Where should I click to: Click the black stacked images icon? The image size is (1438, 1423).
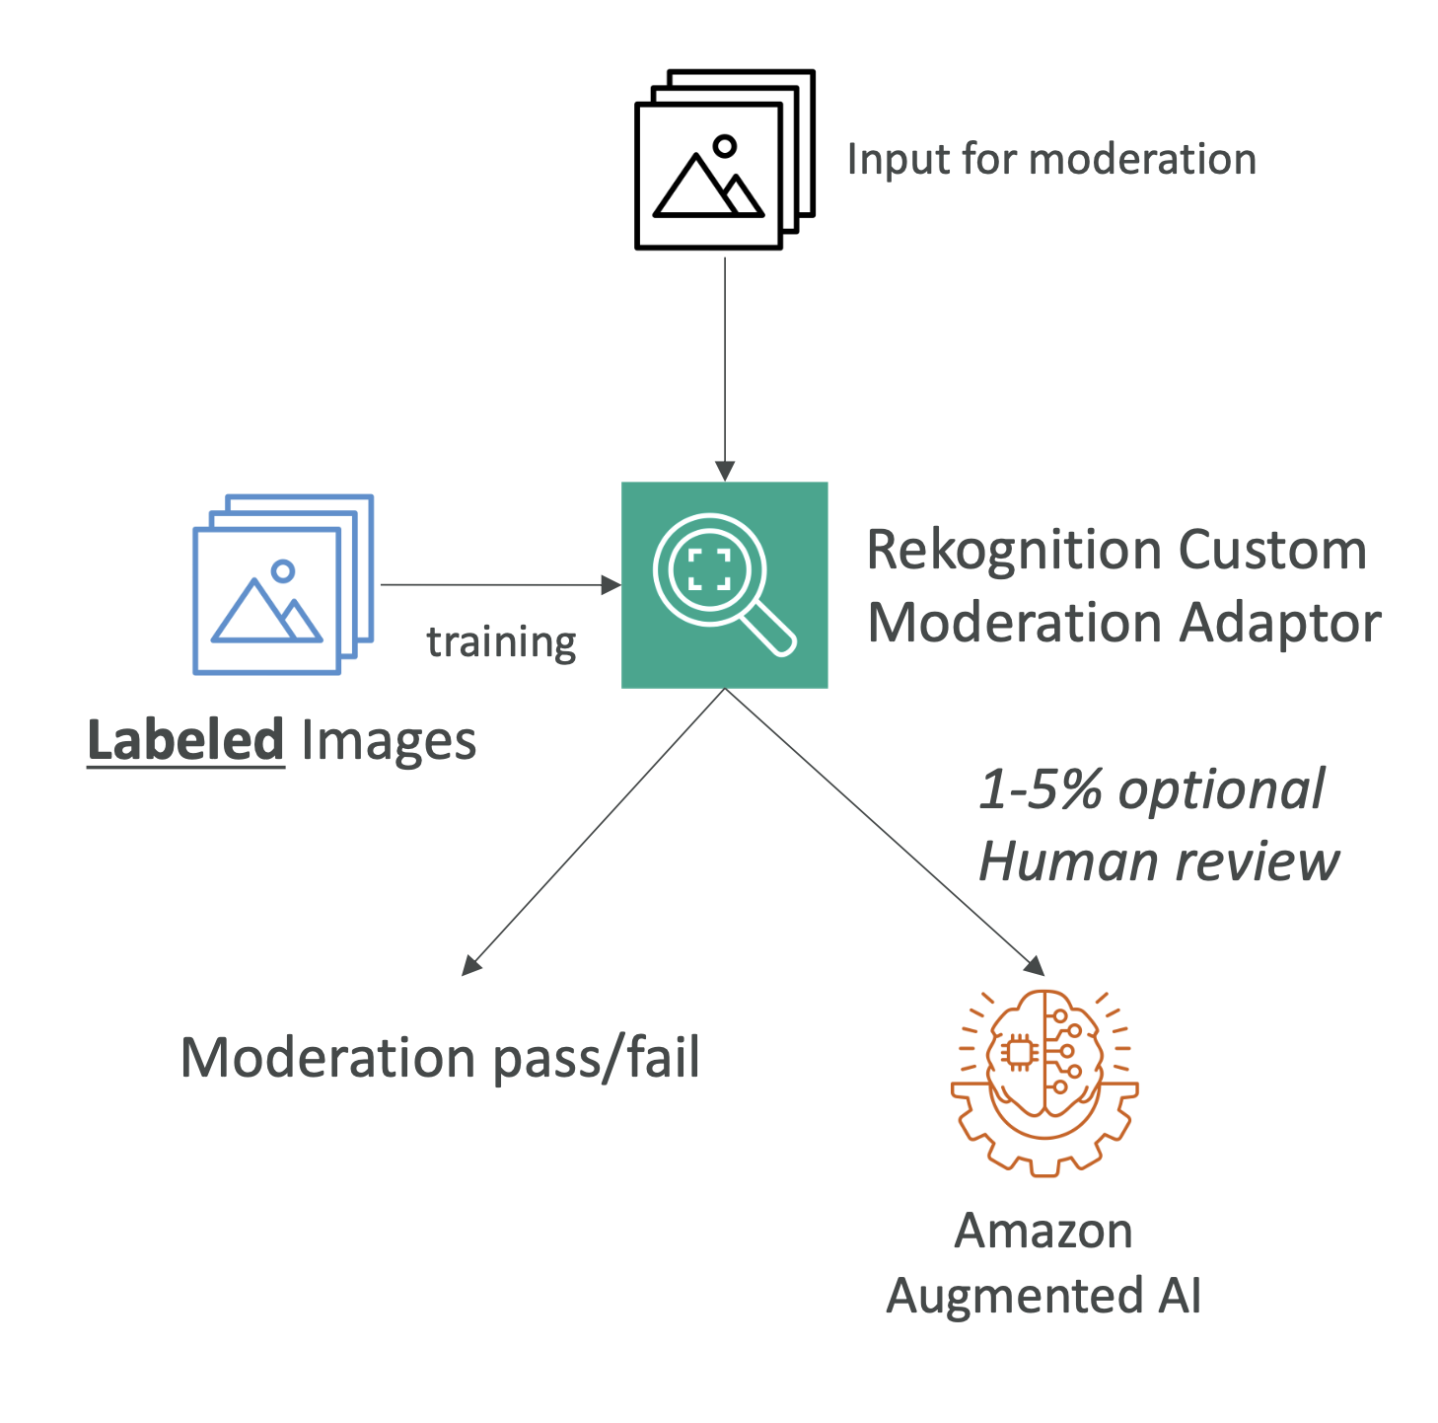point(723,160)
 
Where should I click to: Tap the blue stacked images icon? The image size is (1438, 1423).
point(282,584)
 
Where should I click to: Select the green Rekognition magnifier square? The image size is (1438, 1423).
point(724,585)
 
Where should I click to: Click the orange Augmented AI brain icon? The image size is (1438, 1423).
point(1043,1082)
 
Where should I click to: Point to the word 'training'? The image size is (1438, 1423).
point(501,642)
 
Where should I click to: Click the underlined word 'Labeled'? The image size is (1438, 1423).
point(185,740)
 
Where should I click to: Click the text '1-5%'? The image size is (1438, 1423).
point(1040,789)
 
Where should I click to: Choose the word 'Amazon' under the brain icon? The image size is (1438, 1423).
point(1043,1231)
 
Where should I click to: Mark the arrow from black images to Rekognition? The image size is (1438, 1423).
point(725,365)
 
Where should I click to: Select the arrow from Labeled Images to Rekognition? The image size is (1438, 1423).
point(498,585)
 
